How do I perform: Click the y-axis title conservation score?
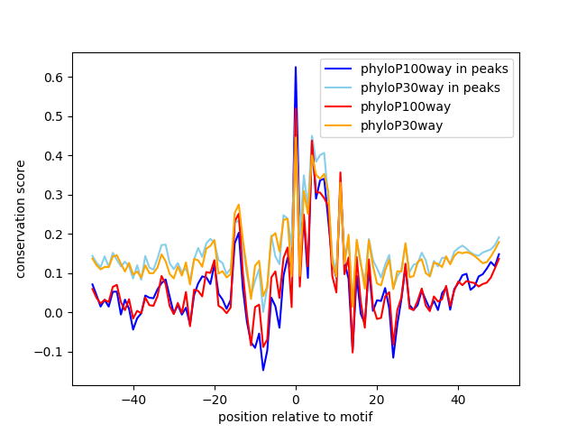click(x=21, y=219)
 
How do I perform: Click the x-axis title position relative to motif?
click(x=295, y=417)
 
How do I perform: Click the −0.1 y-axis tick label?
click(x=52, y=352)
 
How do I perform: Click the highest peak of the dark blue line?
click(x=296, y=67)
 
